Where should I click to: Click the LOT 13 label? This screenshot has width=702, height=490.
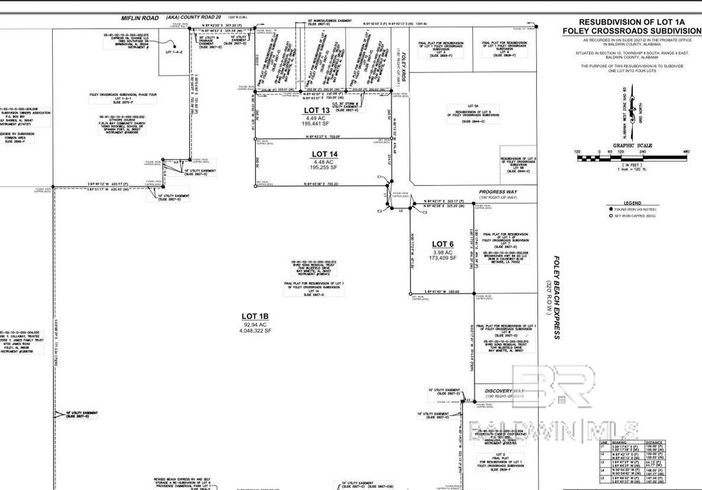317,110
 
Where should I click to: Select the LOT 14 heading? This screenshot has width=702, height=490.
325,154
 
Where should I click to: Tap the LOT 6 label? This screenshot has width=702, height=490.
442,244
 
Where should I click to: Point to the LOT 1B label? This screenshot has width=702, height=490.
256,317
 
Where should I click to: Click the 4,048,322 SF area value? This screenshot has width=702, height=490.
256,330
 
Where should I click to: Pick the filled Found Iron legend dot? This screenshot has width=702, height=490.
609,209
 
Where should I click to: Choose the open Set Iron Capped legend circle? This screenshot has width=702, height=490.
609,216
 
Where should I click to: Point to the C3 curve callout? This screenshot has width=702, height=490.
424,212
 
